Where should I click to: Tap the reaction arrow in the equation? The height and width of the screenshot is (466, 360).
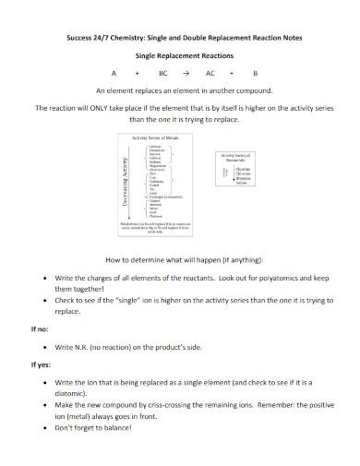(186, 71)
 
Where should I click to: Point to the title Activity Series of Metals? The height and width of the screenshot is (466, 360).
(152, 137)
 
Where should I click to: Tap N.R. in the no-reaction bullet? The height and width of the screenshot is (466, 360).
(88, 347)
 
